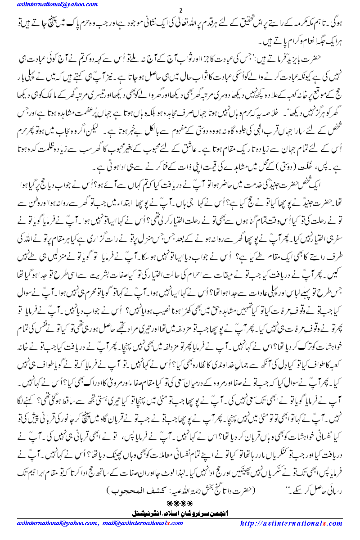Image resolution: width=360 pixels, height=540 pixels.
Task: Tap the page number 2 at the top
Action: pos(180,11)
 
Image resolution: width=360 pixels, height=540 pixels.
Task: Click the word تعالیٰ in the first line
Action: pos(171,22)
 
